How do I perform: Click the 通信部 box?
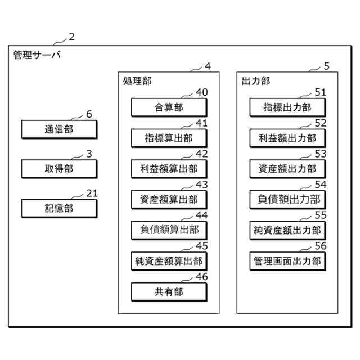(x=59, y=129)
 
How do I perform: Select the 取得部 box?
(x=59, y=168)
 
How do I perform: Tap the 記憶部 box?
(x=59, y=208)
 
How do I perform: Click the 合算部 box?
(x=169, y=107)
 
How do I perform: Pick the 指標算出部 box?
(x=169, y=138)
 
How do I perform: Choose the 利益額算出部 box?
(x=169, y=168)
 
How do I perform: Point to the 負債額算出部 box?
(x=169, y=230)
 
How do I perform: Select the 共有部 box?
(x=169, y=291)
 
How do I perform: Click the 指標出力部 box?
(x=287, y=107)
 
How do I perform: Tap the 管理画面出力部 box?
(x=287, y=260)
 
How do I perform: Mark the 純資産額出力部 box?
(x=287, y=230)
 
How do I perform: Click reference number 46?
(x=201, y=277)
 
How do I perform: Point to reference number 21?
(x=92, y=193)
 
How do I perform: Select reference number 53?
(x=320, y=154)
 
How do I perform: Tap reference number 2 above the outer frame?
(x=71, y=38)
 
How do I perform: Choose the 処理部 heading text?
(x=137, y=81)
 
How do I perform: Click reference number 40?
(x=201, y=92)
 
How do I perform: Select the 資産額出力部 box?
(x=287, y=168)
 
